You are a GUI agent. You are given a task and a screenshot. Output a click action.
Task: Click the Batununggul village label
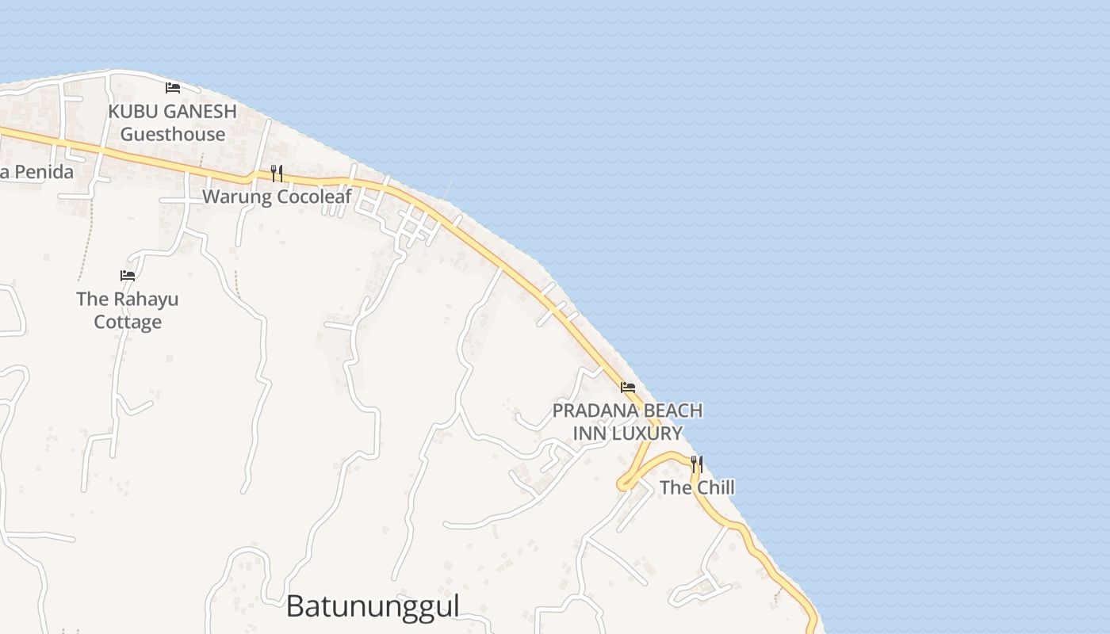click(373, 606)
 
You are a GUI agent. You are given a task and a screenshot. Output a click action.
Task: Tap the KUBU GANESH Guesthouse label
click(173, 123)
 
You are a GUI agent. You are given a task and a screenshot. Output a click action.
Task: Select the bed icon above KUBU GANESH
click(173, 87)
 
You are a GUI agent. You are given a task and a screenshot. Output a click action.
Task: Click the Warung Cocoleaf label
click(277, 197)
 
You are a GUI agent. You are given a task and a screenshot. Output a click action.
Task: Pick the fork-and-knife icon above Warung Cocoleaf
click(277, 173)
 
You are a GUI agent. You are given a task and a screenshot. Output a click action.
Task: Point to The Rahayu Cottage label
click(128, 310)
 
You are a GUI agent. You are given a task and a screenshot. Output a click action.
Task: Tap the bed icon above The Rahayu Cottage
click(128, 276)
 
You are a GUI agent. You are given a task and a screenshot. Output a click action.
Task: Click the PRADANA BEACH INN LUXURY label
click(627, 422)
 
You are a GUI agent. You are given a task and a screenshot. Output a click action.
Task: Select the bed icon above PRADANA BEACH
click(628, 388)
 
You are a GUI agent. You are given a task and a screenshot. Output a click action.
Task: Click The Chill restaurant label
click(697, 487)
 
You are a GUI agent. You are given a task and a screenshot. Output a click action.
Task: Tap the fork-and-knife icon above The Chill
click(697, 464)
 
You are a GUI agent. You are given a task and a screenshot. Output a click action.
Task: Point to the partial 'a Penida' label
click(36, 172)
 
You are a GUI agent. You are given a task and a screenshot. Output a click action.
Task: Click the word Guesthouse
click(173, 134)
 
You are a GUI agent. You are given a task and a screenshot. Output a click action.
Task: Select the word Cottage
click(128, 322)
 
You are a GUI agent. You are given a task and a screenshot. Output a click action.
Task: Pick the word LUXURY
click(646, 433)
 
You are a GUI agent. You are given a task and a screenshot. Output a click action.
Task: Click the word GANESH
click(198, 112)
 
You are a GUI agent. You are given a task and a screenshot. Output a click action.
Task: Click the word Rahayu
click(145, 299)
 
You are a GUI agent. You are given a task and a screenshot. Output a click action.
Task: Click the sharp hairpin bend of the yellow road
click(622, 483)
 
